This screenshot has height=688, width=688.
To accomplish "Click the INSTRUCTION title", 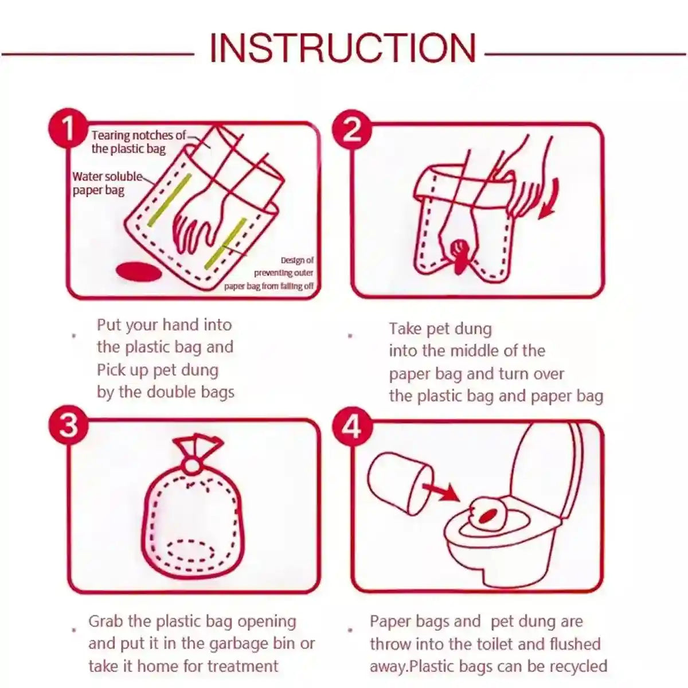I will (342, 48).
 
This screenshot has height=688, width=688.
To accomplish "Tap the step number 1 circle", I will (68, 128).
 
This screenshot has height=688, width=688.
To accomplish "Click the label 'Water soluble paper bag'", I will (106, 183).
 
